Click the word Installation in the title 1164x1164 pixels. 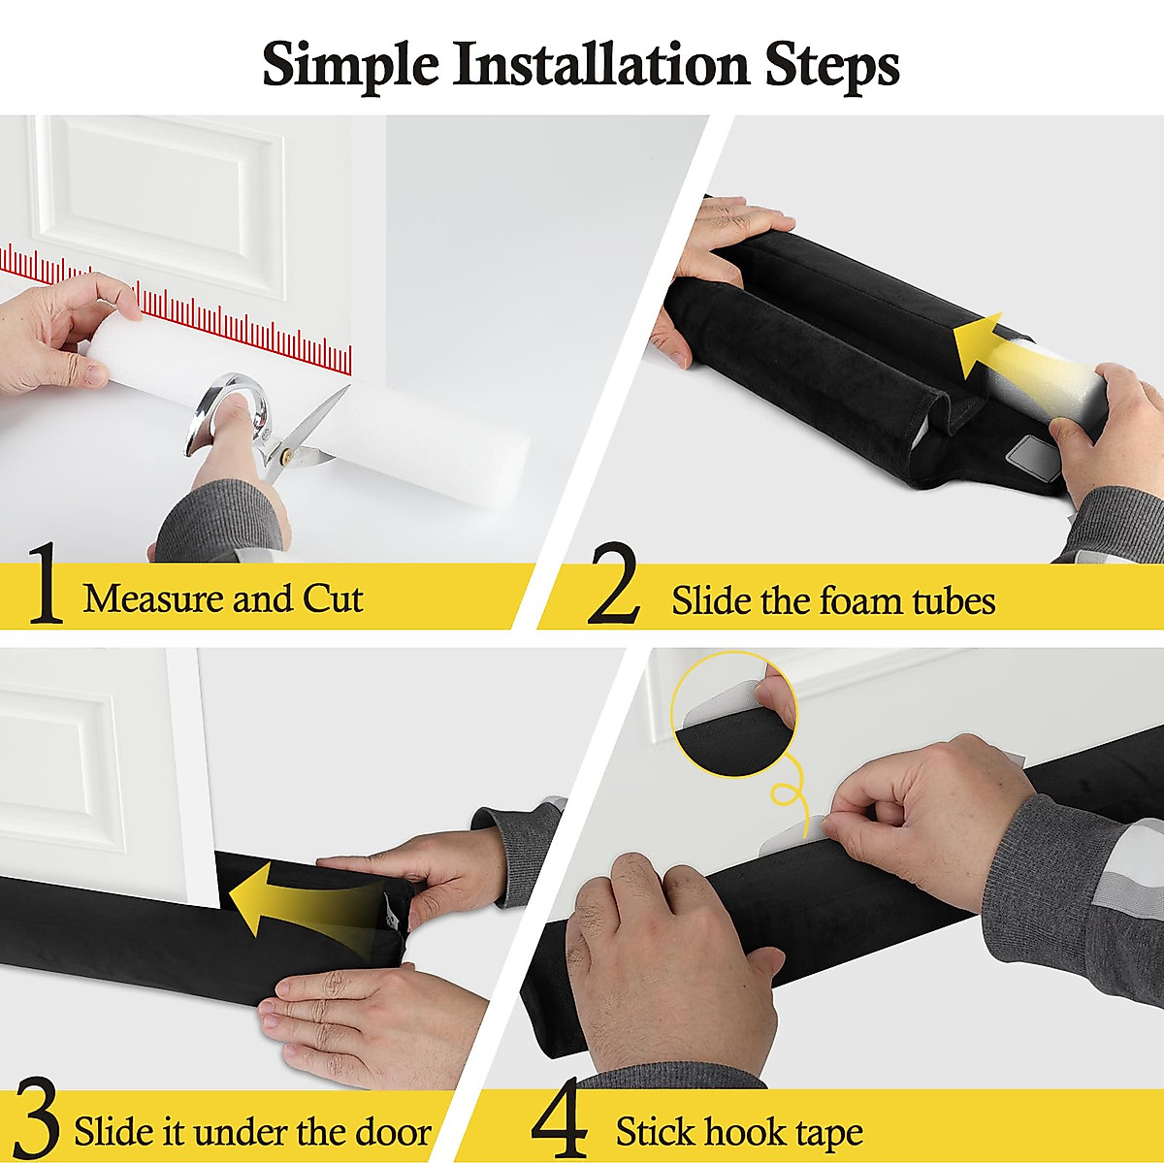click(601, 65)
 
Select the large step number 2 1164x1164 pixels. click(613, 586)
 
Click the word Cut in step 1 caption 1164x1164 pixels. click(333, 598)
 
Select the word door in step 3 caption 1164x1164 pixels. click(392, 1132)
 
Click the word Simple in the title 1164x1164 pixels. click(349, 65)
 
